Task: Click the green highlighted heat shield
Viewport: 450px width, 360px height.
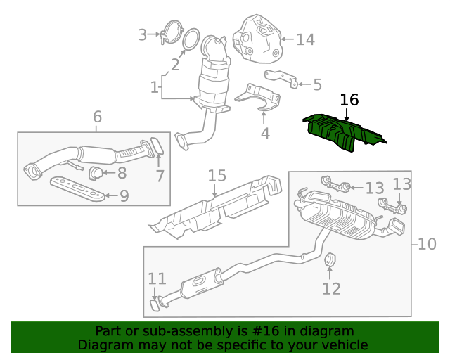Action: [x=344, y=132]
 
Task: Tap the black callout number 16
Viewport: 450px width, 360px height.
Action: [x=349, y=101]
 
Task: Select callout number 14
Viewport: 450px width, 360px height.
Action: [x=305, y=39]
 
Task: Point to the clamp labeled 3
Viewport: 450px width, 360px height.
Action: [x=168, y=32]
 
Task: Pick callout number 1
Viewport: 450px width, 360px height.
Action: [x=154, y=87]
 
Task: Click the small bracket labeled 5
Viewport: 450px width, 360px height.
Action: [x=281, y=78]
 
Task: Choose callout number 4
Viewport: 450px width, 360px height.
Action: [x=264, y=132]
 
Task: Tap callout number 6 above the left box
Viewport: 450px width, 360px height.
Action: [x=97, y=116]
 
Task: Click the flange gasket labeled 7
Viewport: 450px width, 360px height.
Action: [x=158, y=146]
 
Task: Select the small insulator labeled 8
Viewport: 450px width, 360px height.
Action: [x=95, y=172]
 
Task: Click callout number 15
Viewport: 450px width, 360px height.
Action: [x=217, y=176]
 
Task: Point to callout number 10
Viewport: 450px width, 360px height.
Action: [x=427, y=244]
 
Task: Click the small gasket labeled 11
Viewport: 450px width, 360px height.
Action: [x=154, y=306]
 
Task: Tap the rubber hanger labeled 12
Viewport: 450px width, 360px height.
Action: [x=329, y=263]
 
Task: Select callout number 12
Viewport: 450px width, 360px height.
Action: [x=331, y=288]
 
